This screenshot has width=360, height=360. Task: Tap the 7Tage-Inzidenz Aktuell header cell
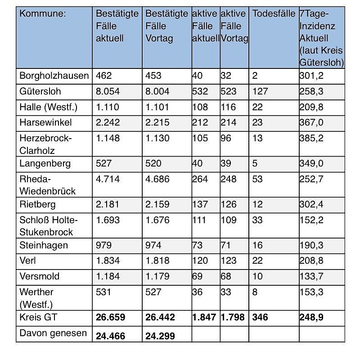pyautogui.click(x=321, y=38)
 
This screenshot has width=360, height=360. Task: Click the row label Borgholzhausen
pyautogui.click(x=54, y=76)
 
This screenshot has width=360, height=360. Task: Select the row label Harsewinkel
pyautogui.click(x=45, y=122)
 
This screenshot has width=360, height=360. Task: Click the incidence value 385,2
pyautogui.click(x=312, y=138)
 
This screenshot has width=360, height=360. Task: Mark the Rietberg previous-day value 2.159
pyautogui.click(x=157, y=205)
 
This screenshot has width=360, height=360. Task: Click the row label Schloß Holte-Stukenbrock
pyautogui.click(x=49, y=226)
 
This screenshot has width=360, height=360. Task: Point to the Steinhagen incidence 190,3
pyautogui.click(x=312, y=245)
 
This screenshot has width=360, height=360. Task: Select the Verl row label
pyautogui.click(x=27, y=261)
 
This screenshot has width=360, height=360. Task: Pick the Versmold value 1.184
pyautogui.click(x=108, y=276)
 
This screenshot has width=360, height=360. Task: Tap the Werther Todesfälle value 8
pyautogui.click(x=255, y=292)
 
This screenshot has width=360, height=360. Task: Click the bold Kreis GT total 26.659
pyautogui.click(x=111, y=317)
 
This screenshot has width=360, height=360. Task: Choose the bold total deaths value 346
pyautogui.click(x=260, y=317)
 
